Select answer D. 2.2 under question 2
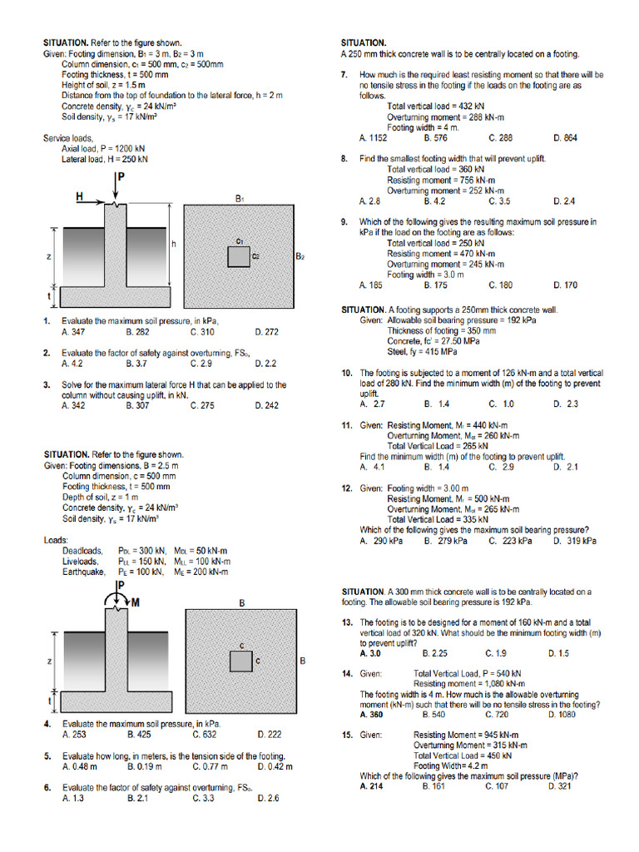tap(266, 364)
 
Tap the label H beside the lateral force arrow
tap(80, 196)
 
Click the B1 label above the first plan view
tap(240, 199)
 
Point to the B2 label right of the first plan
tap(300, 257)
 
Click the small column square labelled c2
tap(239, 256)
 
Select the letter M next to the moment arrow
tap(132, 602)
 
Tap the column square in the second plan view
tap(241, 661)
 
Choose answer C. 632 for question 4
tap(204, 735)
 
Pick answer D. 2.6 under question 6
tap(268, 798)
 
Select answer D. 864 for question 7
tap(565, 138)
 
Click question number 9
tap(344, 222)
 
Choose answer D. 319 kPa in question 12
tap(575, 541)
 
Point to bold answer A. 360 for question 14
tap(371, 714)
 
